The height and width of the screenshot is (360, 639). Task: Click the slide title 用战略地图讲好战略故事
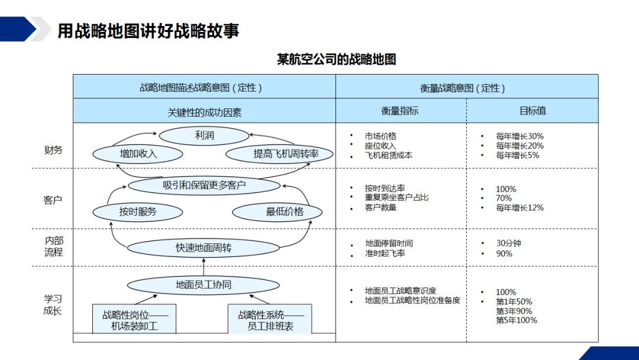tap(148, 31)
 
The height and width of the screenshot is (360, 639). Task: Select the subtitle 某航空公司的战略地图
tap(336, 59)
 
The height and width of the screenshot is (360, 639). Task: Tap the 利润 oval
tap(204, 136)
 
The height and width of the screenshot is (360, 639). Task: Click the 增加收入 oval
tap(138, 154)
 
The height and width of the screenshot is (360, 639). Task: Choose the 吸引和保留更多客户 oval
tap(204, 185)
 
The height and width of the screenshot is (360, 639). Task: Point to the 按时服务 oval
tap(138, 211)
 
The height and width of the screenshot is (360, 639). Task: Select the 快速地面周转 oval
tap(204, 248)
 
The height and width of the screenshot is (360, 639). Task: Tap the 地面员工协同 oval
tap(204, 285)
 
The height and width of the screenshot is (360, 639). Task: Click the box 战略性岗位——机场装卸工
tap(135, 320)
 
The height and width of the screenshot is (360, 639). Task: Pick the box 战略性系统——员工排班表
tap(270, 320)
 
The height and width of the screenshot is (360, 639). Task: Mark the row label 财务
tap(53, 150)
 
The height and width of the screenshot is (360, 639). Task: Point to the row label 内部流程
tap(54, 246)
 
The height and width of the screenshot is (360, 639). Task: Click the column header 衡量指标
tap(400, 111)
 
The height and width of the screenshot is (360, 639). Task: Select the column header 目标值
tap(532, 111)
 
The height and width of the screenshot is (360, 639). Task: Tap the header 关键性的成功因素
tap(204, 112)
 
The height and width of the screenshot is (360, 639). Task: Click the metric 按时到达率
tap(385, 188)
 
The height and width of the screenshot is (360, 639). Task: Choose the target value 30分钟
tap(509, 243)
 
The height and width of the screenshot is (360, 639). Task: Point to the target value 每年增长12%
tap(519, 208)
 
